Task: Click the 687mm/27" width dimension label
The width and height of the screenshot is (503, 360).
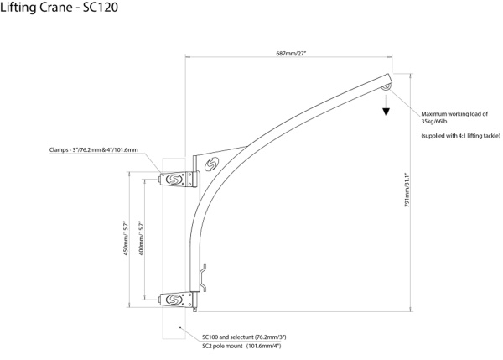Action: [x=291, y=54]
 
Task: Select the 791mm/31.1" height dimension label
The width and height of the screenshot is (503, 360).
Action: [x=407, y=185]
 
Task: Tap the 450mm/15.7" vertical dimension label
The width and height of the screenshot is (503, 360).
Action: [x=128, y=237]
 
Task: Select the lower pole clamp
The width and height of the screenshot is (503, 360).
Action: [x=175, y=298]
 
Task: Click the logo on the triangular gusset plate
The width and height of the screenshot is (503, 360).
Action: [x=213, y=164]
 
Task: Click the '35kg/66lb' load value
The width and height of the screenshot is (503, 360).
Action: [x=435, y=121]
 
